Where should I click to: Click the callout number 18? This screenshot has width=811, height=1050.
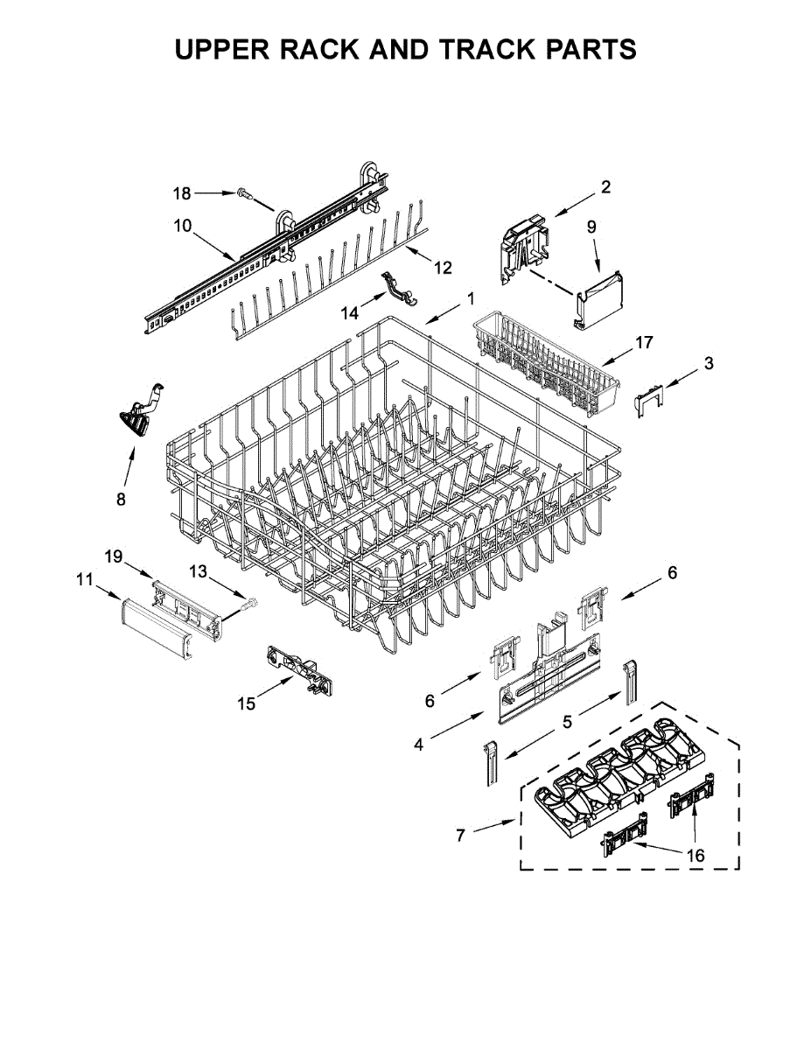pos(181,192)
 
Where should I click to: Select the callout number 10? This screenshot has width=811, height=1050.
pos(183,226)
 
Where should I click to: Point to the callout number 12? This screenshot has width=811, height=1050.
pos(444,267)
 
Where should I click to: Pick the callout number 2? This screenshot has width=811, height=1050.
pos(605,186)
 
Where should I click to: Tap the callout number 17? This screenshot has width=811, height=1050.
pos(644,342)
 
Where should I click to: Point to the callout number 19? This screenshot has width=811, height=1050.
pos(115,556)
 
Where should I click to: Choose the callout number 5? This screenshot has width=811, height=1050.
pos(567,722)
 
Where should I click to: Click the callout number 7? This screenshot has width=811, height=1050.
pos(461,835)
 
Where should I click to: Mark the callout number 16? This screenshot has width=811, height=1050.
pos(696,855)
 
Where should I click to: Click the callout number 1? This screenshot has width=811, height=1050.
pos(471,299)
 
